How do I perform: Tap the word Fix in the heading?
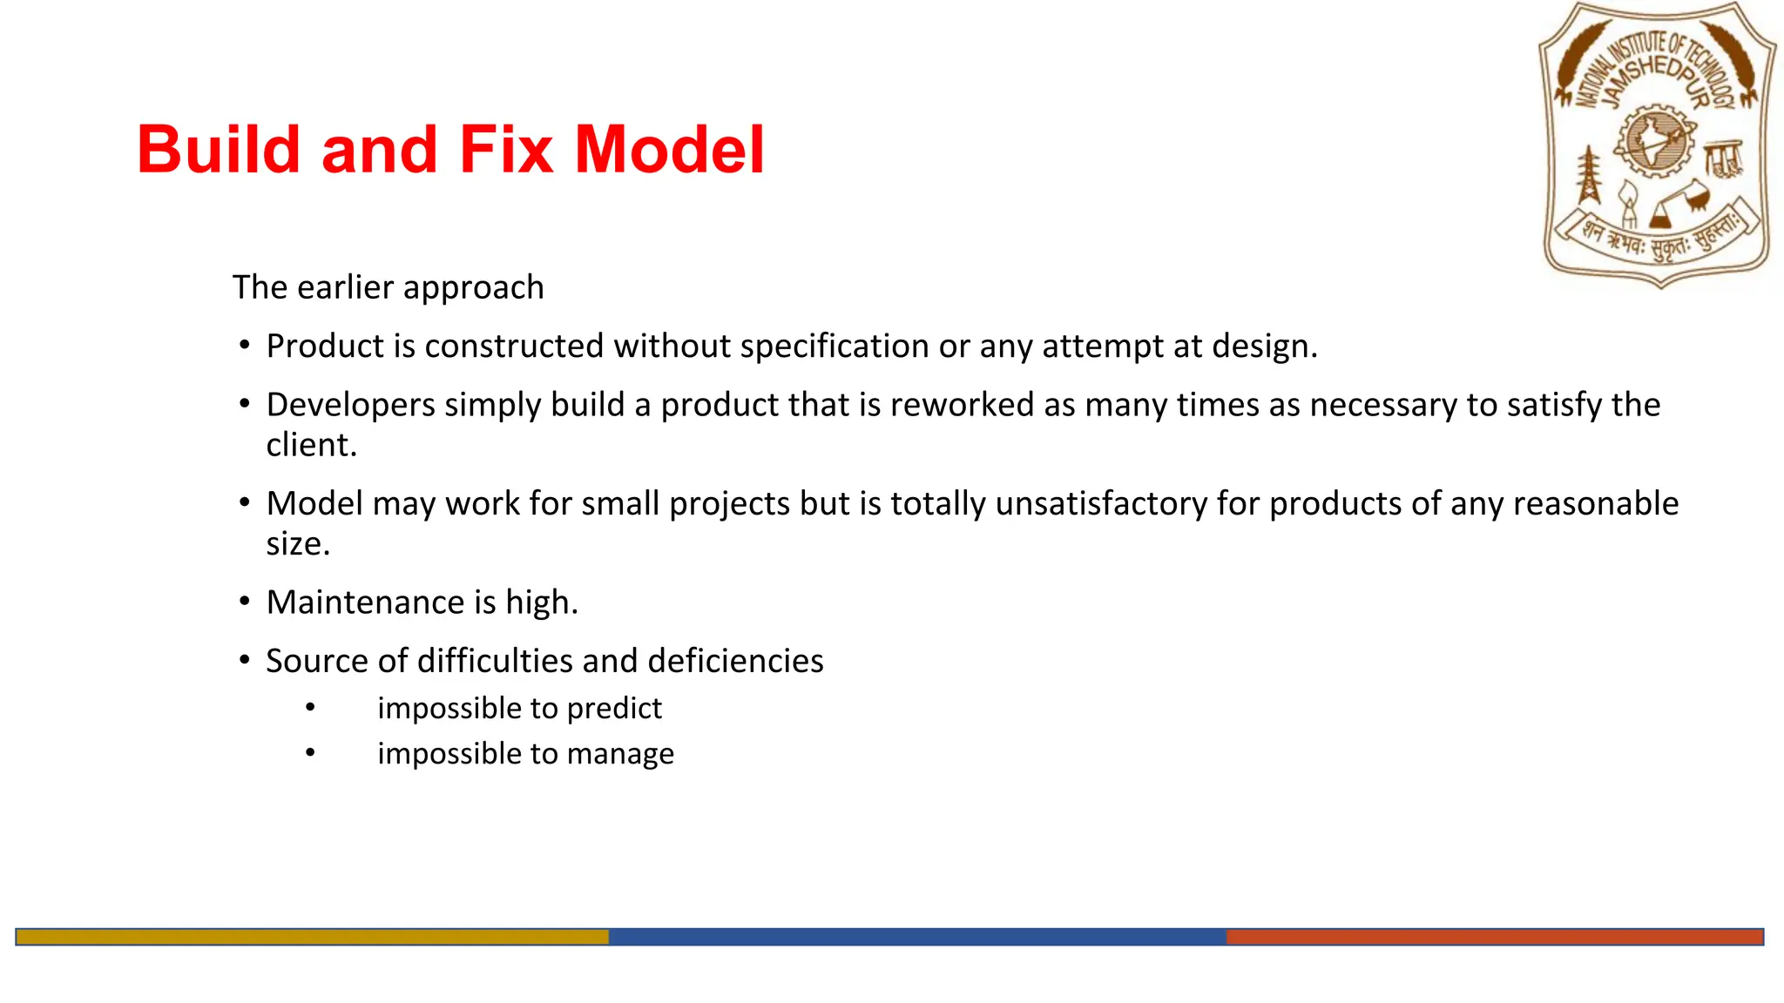click(x=506, y=150)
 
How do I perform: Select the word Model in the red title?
click(x=669, y=150)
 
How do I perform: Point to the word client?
click(x=311, y=445)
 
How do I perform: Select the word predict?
click(x=613, y=708)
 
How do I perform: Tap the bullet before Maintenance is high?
click(x=245, y=602)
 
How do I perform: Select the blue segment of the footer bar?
click(x=916, y=937)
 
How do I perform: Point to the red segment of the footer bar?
click(x=1494, y=937)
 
